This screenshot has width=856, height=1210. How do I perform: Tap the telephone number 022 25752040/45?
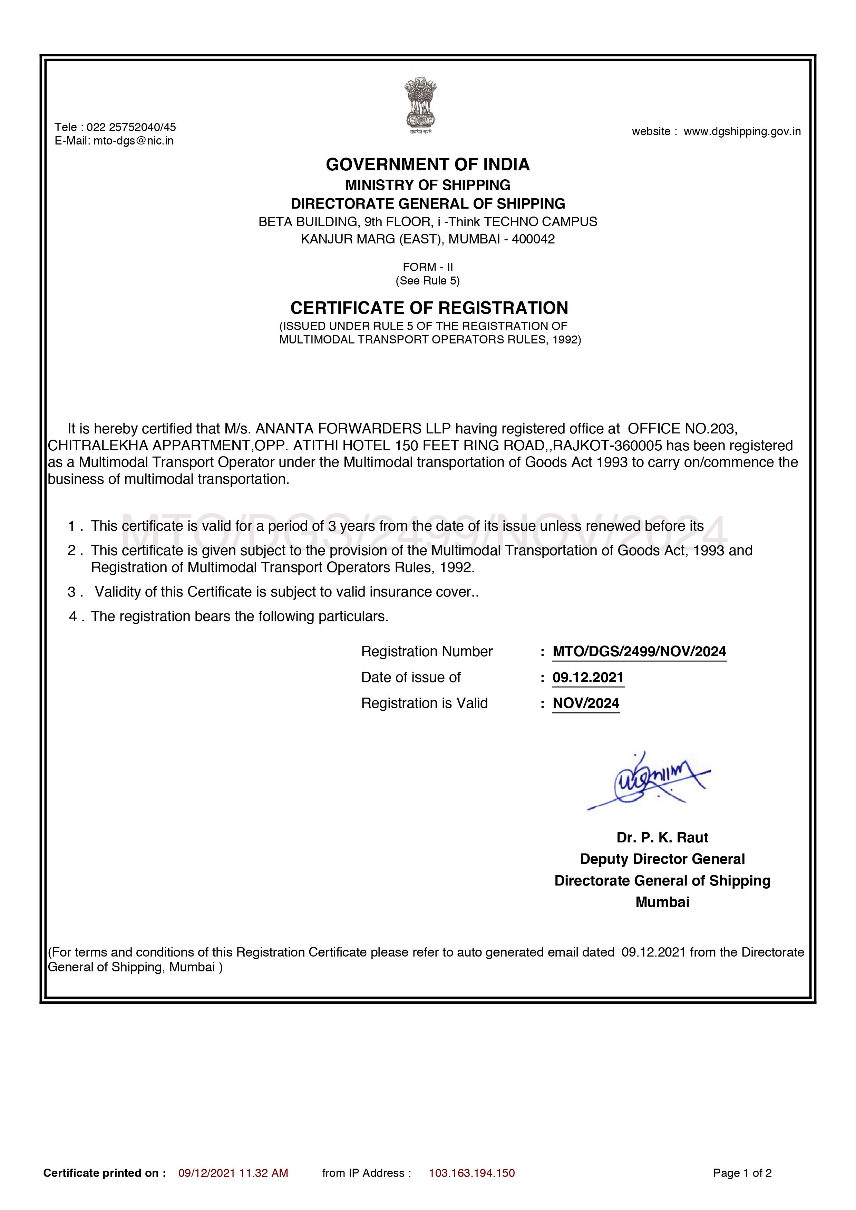(131, 127)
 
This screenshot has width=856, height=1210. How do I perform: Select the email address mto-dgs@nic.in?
(134, 141)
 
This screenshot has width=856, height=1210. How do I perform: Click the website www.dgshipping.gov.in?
(742, 131)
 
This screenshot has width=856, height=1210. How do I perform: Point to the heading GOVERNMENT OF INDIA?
(428, 164)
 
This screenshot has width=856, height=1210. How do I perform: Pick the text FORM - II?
(428, 267)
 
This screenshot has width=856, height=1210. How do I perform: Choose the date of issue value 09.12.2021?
(588, 677)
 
